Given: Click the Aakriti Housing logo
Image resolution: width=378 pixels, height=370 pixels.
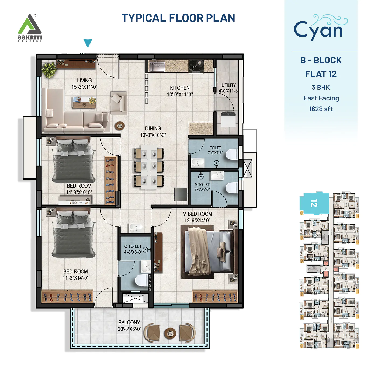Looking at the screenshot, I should click(30, 28).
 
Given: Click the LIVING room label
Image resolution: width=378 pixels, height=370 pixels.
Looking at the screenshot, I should click(84, 81).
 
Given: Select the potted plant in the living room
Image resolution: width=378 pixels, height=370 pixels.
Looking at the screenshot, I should click(49, 70).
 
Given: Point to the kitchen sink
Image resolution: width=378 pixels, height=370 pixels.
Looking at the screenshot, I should click(157, 66).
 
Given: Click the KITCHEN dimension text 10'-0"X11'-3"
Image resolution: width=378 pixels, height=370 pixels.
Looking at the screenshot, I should click(180, 95).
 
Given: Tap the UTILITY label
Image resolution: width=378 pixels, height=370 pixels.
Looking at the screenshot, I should click(228, 85).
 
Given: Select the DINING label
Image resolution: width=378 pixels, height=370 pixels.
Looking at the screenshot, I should click(153, 128).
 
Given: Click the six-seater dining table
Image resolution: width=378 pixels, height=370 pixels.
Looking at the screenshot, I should click(149, 167).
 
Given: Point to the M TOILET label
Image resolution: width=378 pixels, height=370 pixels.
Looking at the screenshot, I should click(202, 184).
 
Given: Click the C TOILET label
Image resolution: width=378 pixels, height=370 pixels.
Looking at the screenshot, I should click(133, 246).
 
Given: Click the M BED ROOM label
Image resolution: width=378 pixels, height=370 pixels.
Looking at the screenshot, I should click(197, 214).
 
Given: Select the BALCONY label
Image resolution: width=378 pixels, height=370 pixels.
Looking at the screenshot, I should click(129, 322).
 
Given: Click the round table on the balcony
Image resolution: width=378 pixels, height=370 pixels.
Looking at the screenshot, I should click(170, 333).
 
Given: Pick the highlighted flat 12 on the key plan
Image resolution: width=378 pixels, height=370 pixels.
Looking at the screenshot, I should click(314, 203).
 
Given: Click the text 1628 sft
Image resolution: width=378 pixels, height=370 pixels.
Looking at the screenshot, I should click(321, 109).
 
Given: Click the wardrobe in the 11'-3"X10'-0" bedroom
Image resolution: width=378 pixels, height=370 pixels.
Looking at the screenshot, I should click(110, 180).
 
